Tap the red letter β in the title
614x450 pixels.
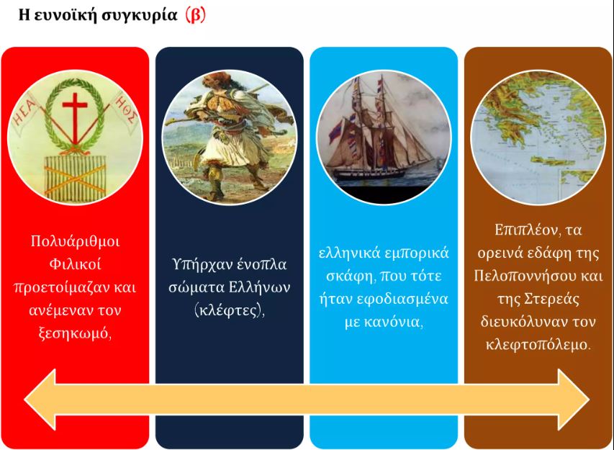195,15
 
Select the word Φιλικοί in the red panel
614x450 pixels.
75,264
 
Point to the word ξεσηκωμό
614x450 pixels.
75,333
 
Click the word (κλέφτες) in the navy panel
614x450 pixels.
230,310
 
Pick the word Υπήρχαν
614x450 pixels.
198,265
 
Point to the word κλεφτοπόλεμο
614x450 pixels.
538,345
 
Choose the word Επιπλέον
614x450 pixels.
525,230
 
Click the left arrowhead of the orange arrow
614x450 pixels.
40,400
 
